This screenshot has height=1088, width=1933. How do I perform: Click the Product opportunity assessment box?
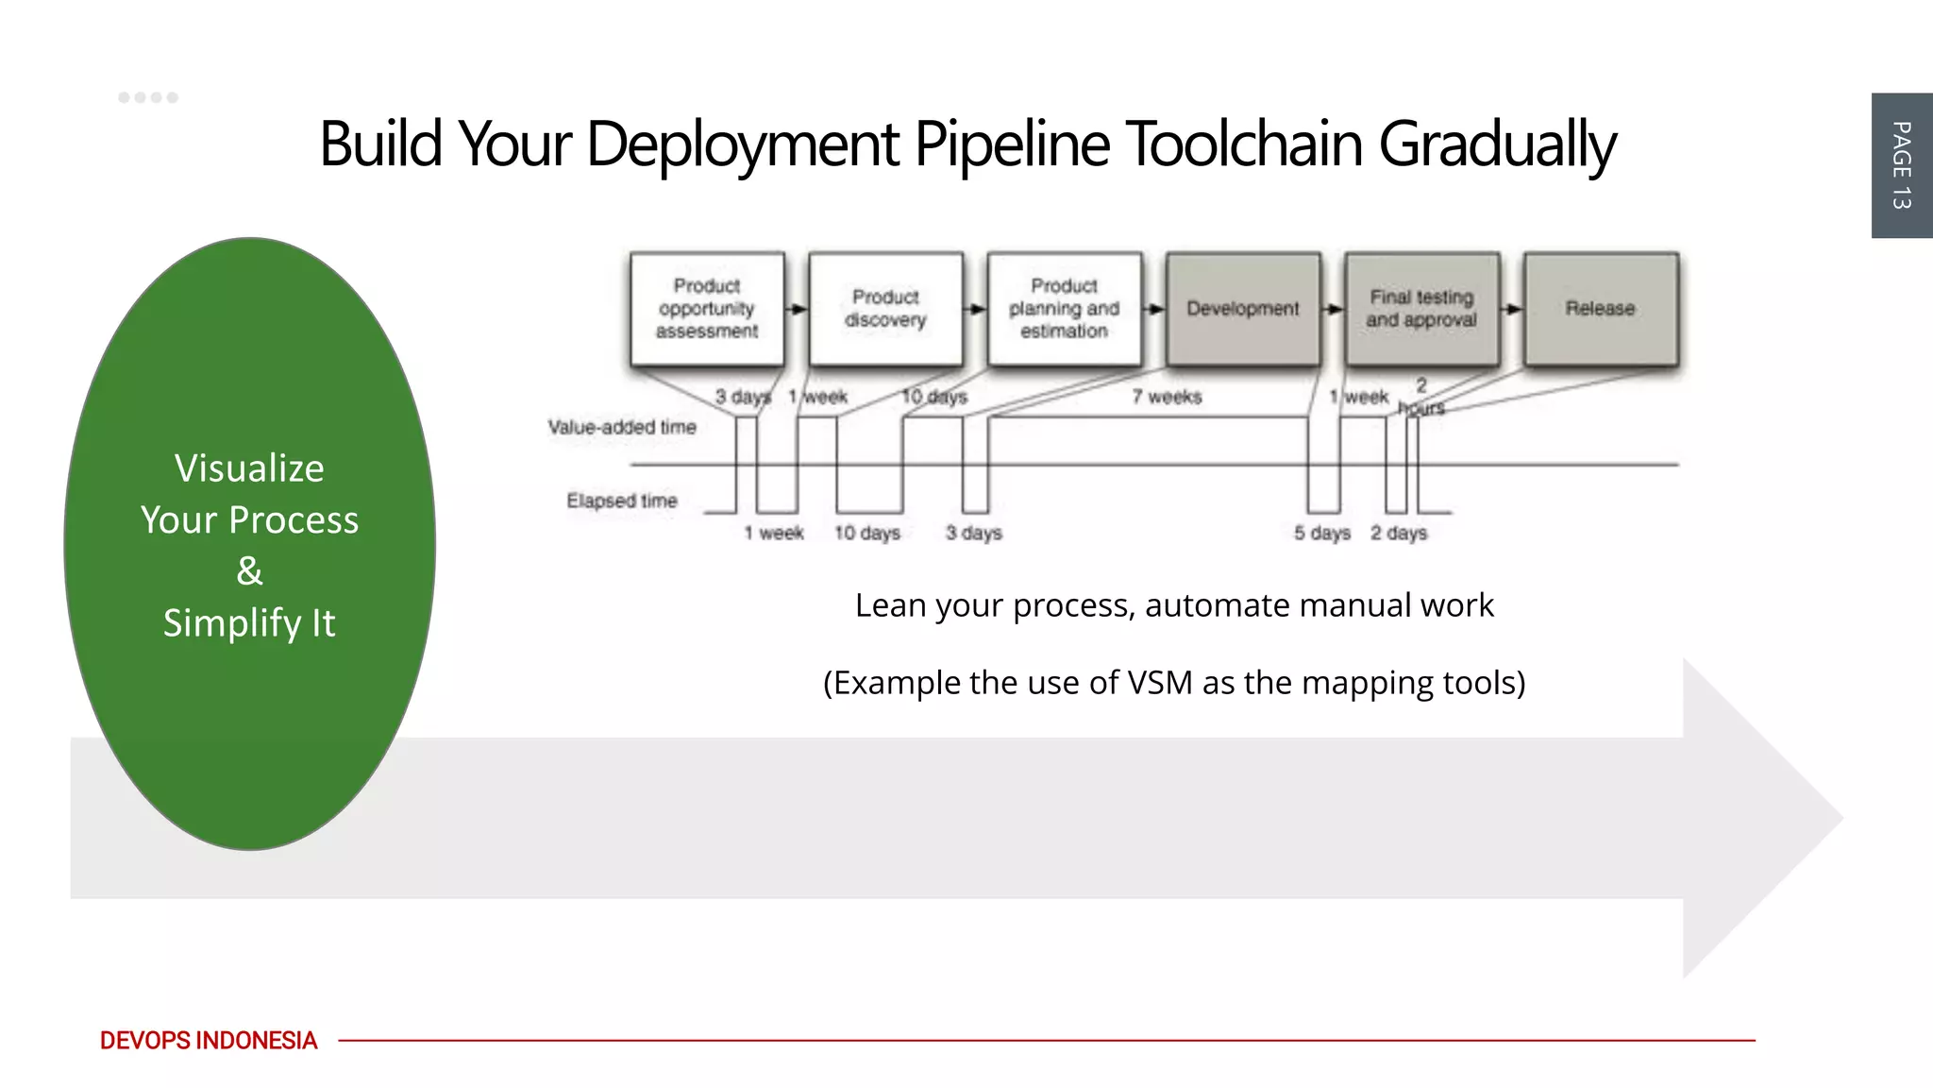coord(707,309)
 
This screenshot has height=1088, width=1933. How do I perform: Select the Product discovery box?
coord(885,309)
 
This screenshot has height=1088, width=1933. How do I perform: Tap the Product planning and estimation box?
coord(1064,309)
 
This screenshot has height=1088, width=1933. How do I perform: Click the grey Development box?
coord(1242,309)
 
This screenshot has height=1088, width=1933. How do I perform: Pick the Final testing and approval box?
coord(1421,309)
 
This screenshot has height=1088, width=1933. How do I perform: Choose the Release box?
coord(1600,309)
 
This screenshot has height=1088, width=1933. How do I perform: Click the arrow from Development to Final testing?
coord(1332,309)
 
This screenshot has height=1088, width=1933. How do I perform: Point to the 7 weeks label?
coord(1167,397)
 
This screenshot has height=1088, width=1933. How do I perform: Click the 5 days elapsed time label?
coord(1321,534)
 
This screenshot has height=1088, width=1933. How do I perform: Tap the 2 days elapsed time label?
coord(1399,534)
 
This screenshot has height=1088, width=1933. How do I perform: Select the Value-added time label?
coord(622,428)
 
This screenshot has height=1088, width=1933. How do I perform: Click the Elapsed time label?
coord(622,501)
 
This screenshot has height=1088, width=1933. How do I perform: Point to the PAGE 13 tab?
coord(1901,165)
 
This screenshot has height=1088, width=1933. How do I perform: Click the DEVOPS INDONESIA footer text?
coord(209,1041)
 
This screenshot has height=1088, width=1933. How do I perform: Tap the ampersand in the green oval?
coord(249,571)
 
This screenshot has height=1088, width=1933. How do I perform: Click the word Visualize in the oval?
coord(249,468)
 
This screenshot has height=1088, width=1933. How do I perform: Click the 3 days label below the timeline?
coord(974,534)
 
